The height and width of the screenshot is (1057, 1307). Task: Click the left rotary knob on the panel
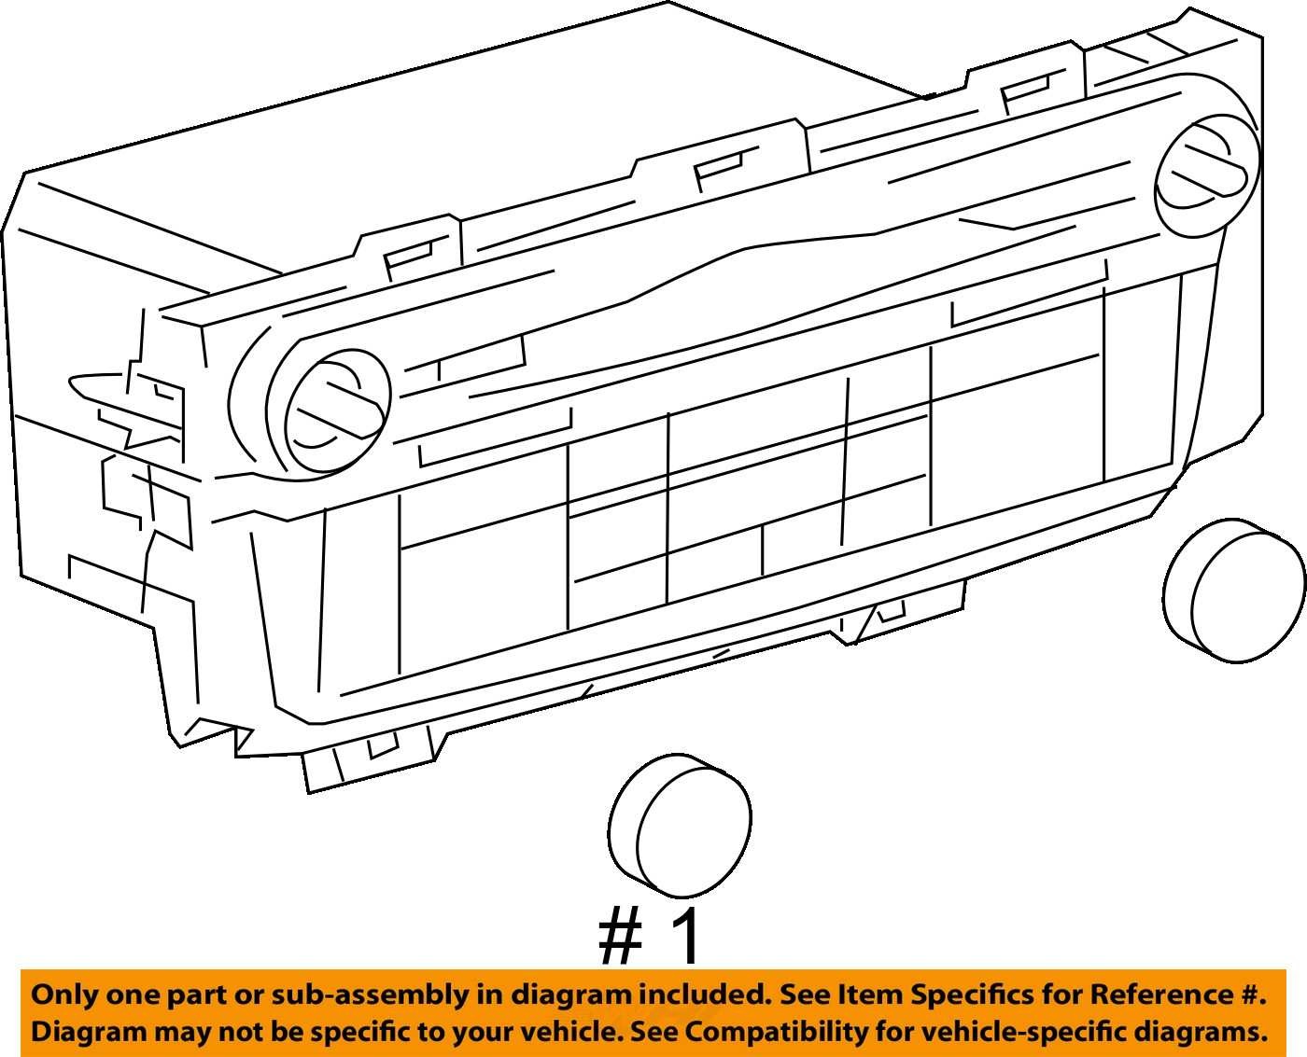(x=338, y=417)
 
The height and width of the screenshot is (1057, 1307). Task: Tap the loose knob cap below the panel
(x=680, y=826)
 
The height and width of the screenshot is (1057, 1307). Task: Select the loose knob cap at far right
(x=1234, y=591)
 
